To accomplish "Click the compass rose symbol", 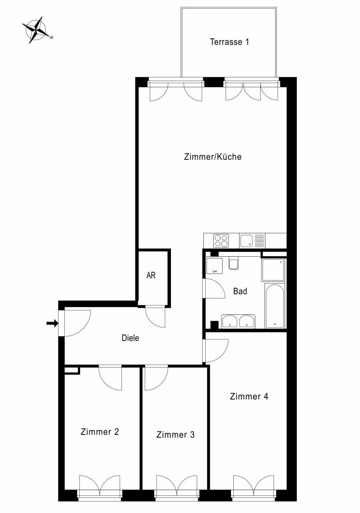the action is (37, 30).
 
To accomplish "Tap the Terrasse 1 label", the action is (229, 42).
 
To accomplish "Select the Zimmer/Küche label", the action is (213, 157).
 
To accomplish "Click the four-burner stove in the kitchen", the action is (221, 241).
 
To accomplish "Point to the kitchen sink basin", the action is (246, 241).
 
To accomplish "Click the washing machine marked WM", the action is (214, 266).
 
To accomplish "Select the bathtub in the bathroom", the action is (275, 306).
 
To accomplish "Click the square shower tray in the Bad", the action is (273, 270).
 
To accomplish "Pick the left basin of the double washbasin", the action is (229, 322).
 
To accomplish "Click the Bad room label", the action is (240, 291).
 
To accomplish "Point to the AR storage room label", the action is (151, 275).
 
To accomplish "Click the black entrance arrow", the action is (52, 323).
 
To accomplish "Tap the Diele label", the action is (131, 338).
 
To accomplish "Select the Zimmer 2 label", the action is (100, 432).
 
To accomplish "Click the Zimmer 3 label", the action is (176, 434).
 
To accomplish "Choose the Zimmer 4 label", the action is (249, 396).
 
